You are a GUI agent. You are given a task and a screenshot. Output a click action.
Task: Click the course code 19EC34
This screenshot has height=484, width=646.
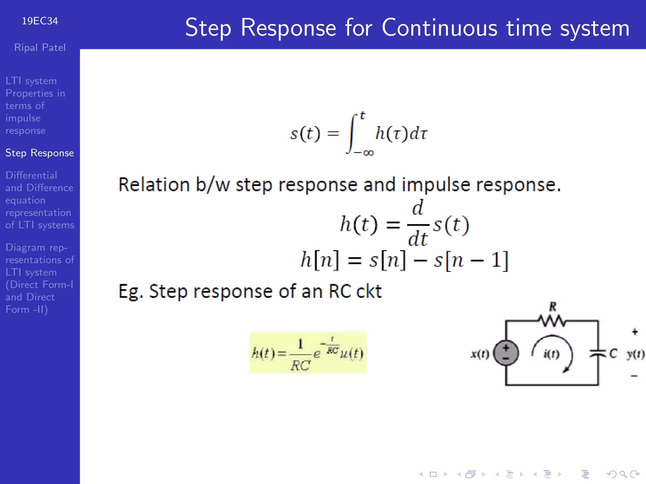pyautogui.click(x=40, y=21)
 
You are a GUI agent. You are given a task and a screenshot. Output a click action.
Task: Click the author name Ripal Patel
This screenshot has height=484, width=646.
pyautogui.click(x=40, y=48)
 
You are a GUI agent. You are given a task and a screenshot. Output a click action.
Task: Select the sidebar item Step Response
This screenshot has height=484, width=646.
pyautogui.click(x=39, y=153)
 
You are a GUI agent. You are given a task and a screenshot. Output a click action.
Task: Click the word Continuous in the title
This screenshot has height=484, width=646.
pyautogui.click(x=440, y=28)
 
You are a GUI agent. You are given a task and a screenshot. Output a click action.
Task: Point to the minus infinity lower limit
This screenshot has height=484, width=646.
pyautogui.click(x=364, y=153)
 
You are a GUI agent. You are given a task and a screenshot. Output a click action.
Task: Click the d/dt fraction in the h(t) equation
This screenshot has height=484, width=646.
pyautogui.click(x=418, y=224)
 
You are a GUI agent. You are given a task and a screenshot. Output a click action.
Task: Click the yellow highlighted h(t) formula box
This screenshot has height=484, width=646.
pyautogui.click(x=308, y=353)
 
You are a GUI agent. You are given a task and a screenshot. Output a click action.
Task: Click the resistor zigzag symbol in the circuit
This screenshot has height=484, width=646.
pyautogui.click(x=552, y=321)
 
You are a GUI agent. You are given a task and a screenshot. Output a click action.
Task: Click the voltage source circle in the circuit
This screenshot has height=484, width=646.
pyautogui.click(x=506, y=353)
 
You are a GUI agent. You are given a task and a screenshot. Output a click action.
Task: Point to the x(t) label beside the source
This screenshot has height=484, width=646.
pyautogui.click(x=480, y=354)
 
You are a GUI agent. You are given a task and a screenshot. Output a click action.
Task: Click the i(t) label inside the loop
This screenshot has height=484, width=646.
pyautogui.click(x=551, y=354)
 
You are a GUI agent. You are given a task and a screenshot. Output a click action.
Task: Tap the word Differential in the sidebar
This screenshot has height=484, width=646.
pyautogui.click(x=31, y=175)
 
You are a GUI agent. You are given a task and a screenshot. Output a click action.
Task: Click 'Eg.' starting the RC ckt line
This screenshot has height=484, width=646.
pyautogui.click(x=131, y=291)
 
